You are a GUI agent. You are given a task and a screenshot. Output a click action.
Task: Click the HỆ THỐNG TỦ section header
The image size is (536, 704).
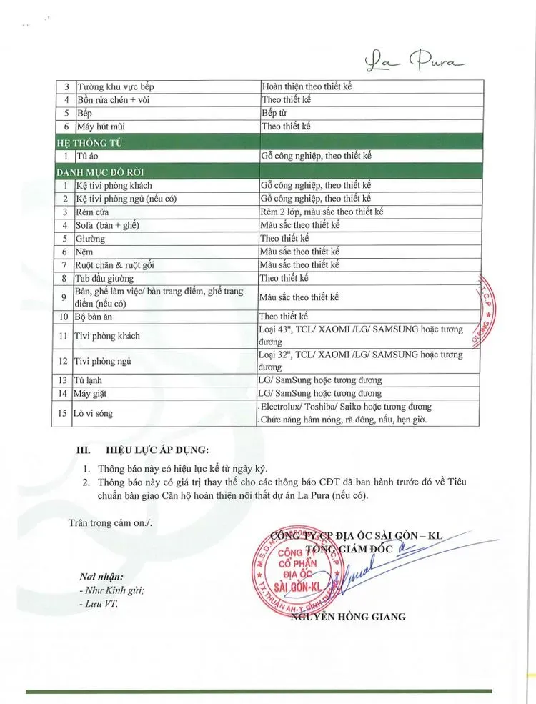tap(89, 142)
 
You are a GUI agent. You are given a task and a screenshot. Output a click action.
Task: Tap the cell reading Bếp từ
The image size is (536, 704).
tap(274, 113)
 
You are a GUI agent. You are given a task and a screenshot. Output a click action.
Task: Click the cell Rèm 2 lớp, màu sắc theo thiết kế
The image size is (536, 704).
tap(322, 212)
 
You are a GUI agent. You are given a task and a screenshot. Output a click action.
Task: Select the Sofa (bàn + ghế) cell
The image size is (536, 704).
tap(107, 225)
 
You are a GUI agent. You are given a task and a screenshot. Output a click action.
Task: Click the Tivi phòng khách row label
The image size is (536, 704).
tap(108, 336)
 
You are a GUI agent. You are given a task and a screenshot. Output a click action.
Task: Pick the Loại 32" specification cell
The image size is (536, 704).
tap(360, 360)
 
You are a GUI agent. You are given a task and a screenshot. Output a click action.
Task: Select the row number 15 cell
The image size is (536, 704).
tap(63, 413)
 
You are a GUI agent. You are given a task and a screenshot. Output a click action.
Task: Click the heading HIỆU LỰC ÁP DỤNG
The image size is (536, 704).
tap(158, 450)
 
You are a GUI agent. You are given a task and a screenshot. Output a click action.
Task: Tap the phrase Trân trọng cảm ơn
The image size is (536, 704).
tap(111, 522)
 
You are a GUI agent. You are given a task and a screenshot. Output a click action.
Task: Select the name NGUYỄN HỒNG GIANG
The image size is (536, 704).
tap(348, 617)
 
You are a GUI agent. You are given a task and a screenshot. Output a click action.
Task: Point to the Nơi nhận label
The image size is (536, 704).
tap(101, 576)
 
